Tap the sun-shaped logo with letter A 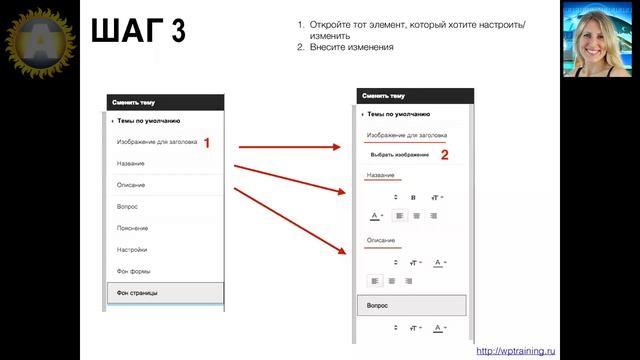tap(38, 40)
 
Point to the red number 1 tap(207, 143)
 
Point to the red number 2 tap(444, 154)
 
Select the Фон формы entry tap(133, 271)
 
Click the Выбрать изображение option tap(400, 155)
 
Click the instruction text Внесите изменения tap(351, 46)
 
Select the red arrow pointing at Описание tap(290, 221)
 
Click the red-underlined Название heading tap(381, 176)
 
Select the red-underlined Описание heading tap(381, 240)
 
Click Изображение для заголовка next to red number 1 tap(156, 142)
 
